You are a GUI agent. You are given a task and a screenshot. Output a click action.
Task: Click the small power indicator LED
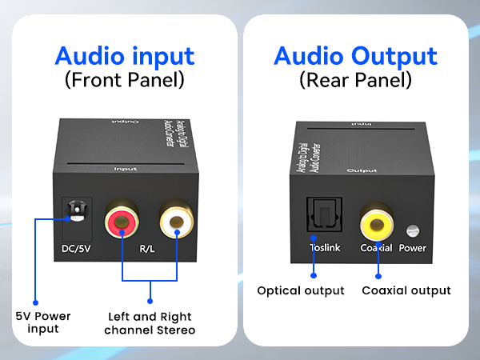[413, 231]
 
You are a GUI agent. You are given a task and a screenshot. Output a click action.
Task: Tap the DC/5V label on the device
[78, 248]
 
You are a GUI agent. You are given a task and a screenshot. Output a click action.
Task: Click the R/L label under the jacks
[149, 248]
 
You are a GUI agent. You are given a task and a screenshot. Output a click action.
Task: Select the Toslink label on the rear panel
[325, 248]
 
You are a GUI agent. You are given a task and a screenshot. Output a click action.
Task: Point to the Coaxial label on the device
[376, 248]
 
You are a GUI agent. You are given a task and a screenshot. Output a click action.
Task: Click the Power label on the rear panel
[413, 248]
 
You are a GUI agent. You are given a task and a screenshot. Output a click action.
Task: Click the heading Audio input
[124, 57]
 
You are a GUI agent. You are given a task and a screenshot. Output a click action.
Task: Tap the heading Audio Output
[355, 57]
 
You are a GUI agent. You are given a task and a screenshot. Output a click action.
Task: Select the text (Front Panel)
[124, 80]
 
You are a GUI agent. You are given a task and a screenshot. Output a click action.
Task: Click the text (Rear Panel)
[355, 80]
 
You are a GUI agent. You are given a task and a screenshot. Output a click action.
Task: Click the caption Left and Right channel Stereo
[149, 322]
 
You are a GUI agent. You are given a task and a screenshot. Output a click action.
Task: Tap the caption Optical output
[301, 290]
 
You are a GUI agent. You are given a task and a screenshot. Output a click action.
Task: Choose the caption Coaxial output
[406, 290]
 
